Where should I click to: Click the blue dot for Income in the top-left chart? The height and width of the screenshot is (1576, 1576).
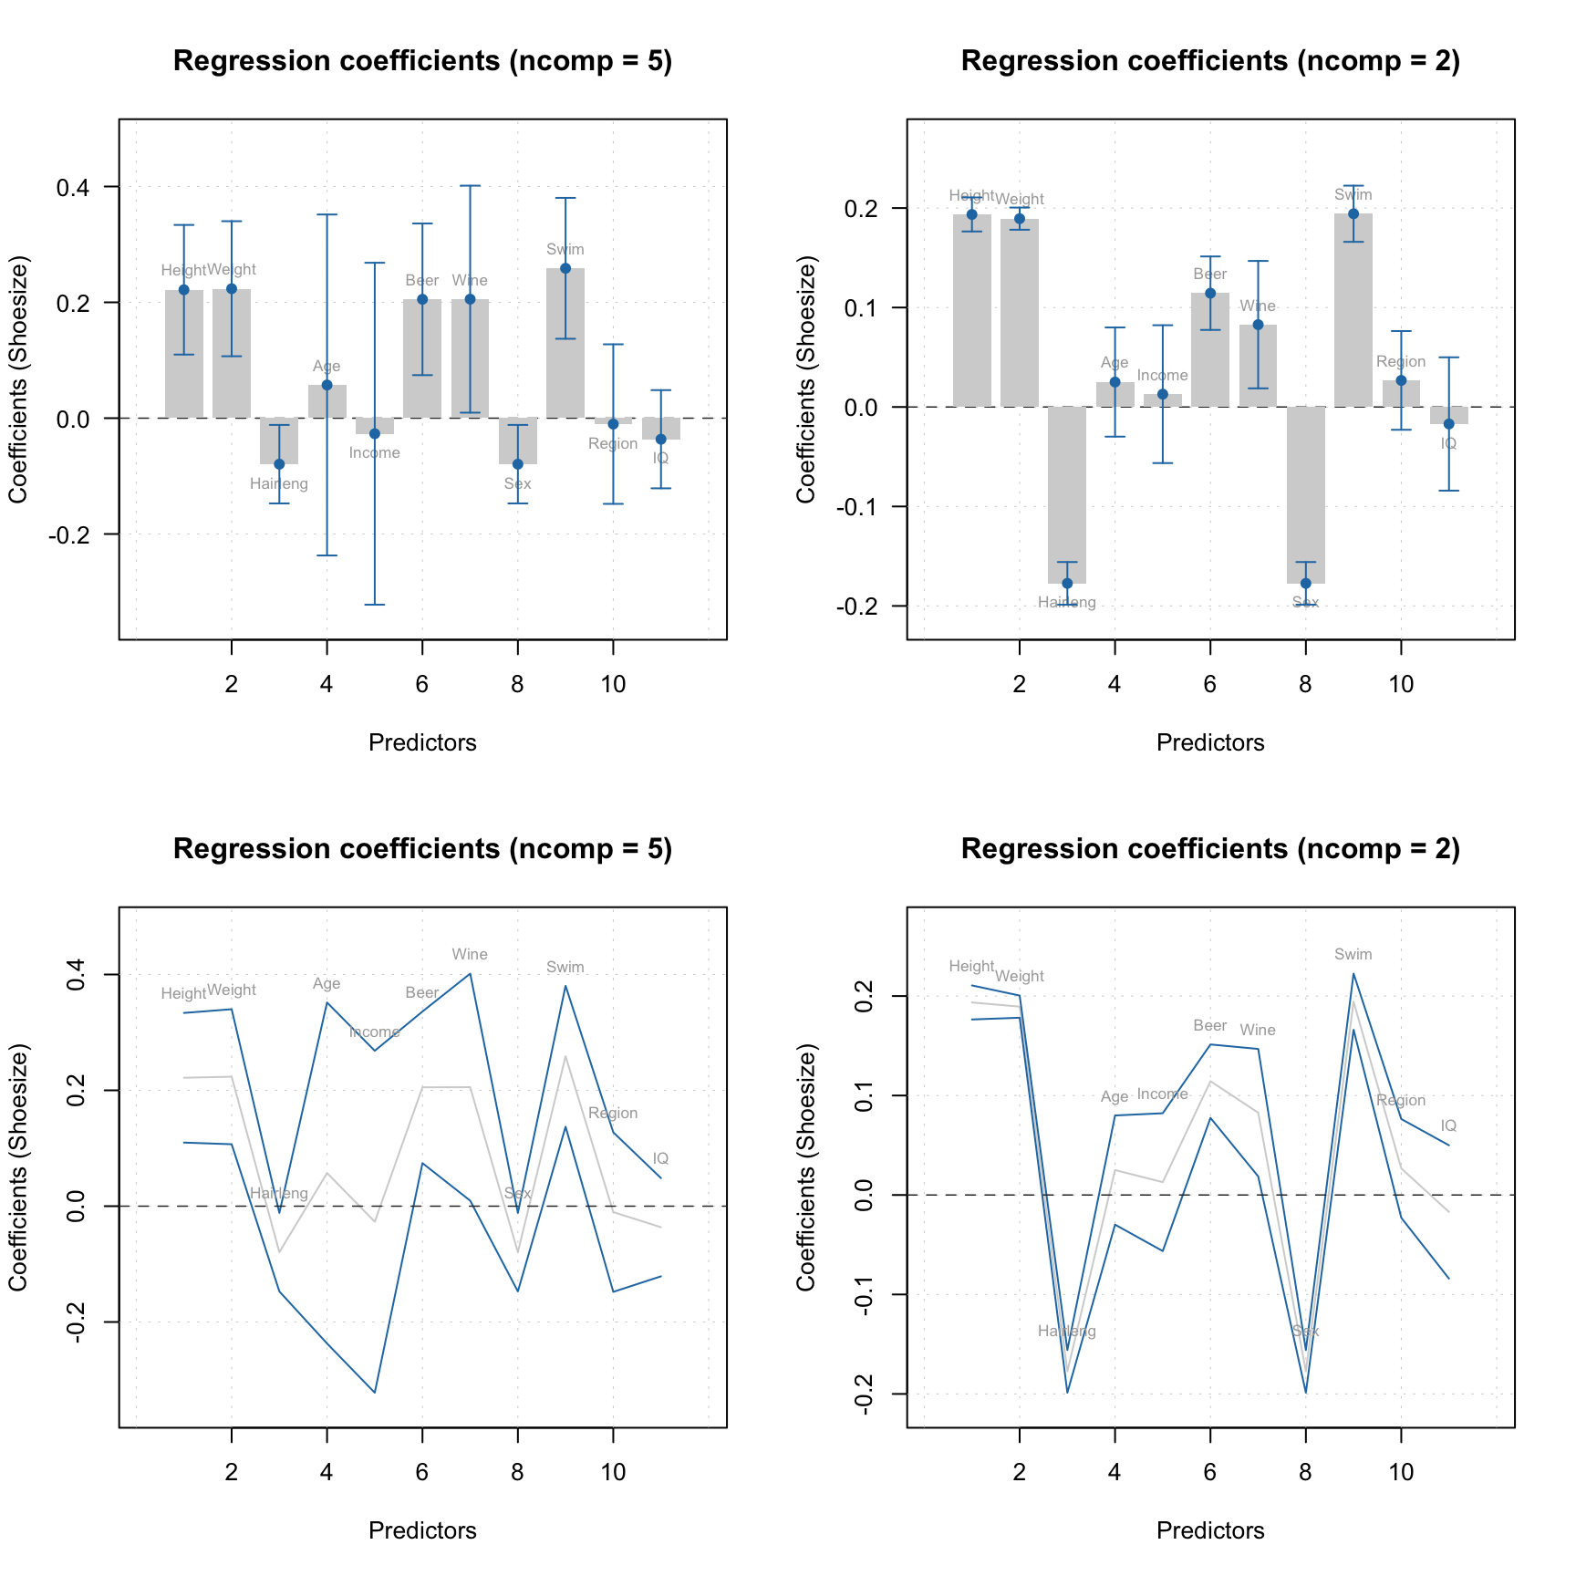(375, 433)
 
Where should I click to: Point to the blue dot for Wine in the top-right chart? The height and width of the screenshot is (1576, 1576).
(1258, 325)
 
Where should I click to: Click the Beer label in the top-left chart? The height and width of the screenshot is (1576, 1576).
(422, 281)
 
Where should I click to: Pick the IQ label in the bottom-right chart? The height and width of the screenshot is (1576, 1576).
(1448, 1126)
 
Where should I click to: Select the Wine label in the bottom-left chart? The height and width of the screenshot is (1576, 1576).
(470, 955)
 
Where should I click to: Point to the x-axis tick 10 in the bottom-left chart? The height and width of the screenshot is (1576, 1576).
(613, 1471)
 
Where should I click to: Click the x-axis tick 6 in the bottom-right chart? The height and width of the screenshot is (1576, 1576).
(1209, 1471)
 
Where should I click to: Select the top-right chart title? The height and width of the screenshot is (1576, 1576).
(1210, 61)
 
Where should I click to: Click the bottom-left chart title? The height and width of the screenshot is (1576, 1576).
(422, 849)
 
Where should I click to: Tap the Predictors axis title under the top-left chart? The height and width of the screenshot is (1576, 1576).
(422, 742)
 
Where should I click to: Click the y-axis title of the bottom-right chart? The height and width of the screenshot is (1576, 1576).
(805, 1166)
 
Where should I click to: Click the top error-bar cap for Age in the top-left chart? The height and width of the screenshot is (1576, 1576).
(327, 214)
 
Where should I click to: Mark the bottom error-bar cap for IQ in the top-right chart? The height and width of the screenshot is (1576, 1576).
(1448, 491)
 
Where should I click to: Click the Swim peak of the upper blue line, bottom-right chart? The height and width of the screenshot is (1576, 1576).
(1353, 973)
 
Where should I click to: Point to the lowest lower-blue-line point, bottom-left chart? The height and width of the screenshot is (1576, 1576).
(375, 1392)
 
